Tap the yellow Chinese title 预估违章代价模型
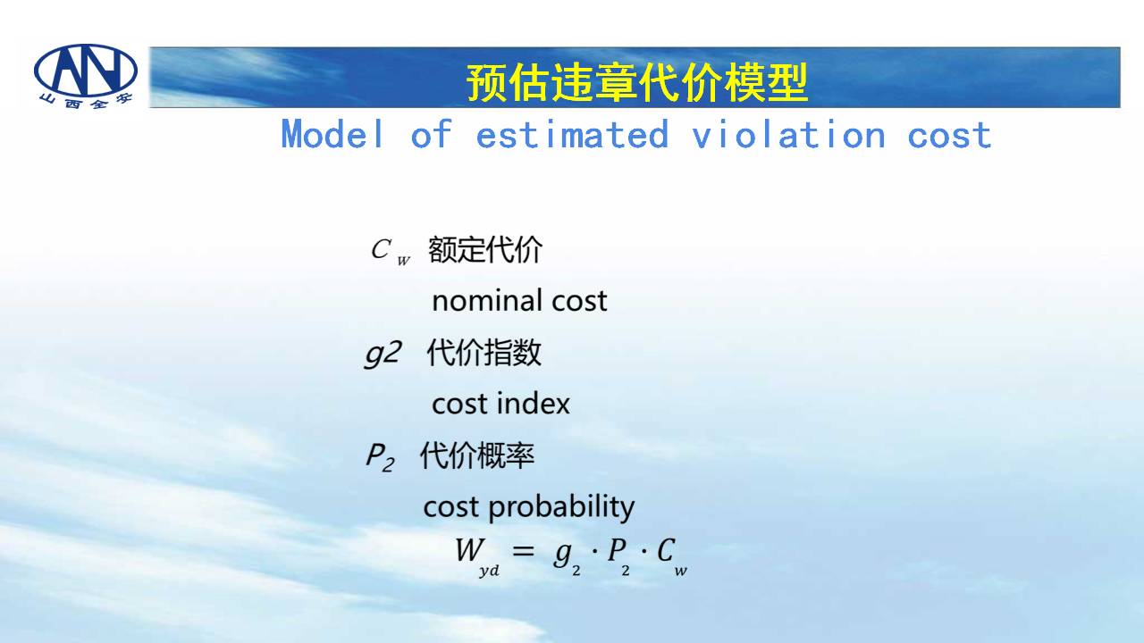[637, 82]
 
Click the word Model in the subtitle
[332, 134]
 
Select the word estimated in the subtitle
[572, 134]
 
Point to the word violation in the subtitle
[789, 134]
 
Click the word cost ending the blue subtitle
[949, 135]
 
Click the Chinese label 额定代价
[485, 249]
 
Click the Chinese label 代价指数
[484, 353]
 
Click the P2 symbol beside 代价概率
[381, 456]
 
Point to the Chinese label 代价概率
[477, 455]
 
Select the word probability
[562, 508]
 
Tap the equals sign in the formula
[524, 551]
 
